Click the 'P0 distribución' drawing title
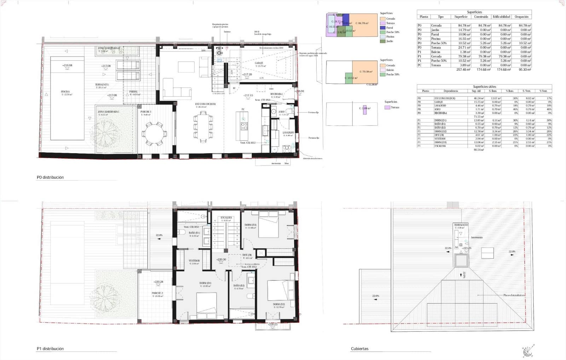(x=50, y=178)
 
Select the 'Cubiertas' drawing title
(x=359, y=349)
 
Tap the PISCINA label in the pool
(x=65, y=92)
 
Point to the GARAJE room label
(x=259, y=63)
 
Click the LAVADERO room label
(x=288, y=133)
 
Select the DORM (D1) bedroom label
(x=205, y=283)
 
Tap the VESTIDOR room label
(x=194, y=261)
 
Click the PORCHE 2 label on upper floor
(x=157, y=293)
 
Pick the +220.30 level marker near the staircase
(x=221, y=260)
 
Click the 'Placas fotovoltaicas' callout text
(x=514, y=295)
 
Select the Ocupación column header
(x=521, y=17)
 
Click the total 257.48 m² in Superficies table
(x=463, y=70)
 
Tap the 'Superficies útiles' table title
(x=484, y=87)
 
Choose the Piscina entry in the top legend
(x=390, y=37)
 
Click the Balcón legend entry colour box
(x=382, y=70)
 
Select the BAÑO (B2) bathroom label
(x=239, y=285)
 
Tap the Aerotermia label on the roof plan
(x=477, y=238)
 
